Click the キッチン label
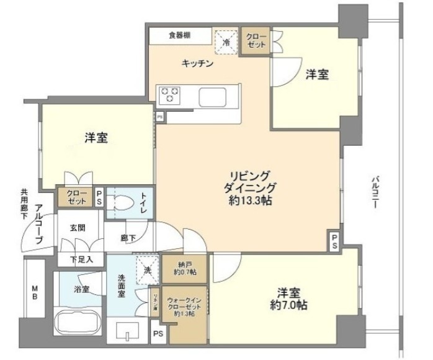(198, 63)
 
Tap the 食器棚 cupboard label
(179, 35)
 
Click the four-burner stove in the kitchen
(170, 95)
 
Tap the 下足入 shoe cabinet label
(81, 259)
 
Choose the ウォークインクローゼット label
(183, 304)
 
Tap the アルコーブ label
(38, 223)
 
